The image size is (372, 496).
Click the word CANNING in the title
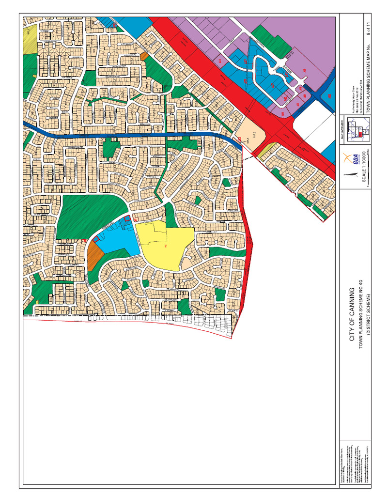tap(352, 307)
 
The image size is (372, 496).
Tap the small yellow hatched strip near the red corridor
tap(264, 152)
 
